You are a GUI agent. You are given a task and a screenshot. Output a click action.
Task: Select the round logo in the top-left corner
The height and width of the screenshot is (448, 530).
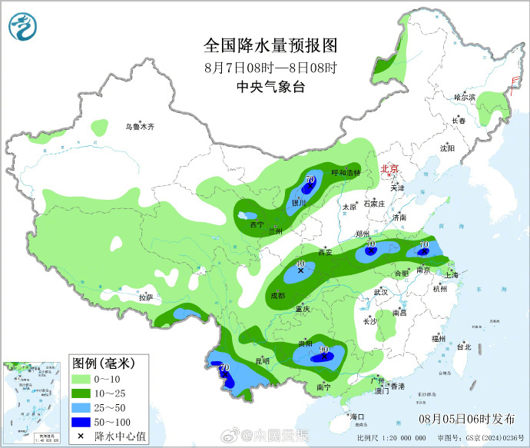coord(23,28)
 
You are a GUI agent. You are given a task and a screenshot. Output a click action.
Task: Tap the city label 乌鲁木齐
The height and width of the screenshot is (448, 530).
coord(141,126)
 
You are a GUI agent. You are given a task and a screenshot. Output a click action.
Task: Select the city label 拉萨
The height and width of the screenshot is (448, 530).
coord(146,297)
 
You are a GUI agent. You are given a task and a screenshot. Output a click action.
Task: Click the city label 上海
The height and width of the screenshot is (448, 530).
coord(452,275)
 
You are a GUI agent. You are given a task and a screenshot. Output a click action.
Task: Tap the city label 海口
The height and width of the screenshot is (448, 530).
coord(356,416)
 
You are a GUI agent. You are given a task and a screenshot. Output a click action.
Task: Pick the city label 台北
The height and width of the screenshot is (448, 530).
coord(464,347)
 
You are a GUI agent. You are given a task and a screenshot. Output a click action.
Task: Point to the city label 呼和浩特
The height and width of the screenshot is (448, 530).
coord(345,173)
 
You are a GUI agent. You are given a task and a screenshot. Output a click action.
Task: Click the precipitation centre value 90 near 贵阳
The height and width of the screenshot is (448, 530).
coord(323,349)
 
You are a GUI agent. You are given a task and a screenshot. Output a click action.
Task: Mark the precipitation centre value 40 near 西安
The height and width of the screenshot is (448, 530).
coord(300,263)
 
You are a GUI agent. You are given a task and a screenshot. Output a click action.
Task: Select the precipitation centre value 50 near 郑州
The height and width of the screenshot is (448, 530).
coord(371,244)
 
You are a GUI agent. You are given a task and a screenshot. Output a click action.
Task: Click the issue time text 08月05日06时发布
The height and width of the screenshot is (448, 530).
coord(467,419)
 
